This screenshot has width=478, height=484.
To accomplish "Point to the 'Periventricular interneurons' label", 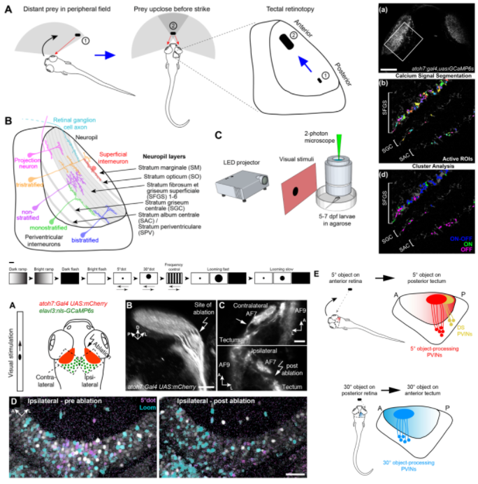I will pyautogui.click(x=48, y=243).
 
